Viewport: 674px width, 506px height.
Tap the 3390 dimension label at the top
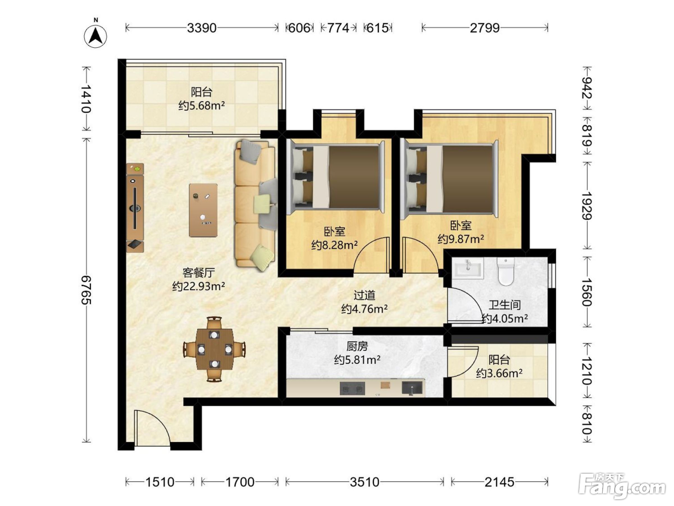pos(202,28)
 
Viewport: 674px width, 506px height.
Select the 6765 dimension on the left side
pos(86,290)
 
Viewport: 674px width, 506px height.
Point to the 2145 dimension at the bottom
pos(499,482)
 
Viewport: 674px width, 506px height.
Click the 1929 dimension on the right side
pos(586,206)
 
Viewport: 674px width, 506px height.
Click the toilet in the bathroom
pos(505,271)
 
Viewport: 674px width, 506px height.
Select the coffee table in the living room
pos(203,210)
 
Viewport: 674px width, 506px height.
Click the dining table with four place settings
pos(214,349)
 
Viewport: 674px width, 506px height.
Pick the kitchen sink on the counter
pos(412,388)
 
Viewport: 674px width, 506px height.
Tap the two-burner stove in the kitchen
pos(352,388)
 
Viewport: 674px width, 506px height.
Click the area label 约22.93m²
pos(199,286)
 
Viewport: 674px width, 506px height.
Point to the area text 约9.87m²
pos(461,239)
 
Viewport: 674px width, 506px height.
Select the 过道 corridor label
pos(364,295)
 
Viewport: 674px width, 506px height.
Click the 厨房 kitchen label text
pos(357,346)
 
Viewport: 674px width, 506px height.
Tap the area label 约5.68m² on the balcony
pos(202,106)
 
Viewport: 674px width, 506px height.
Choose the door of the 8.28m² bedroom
pos(372,255)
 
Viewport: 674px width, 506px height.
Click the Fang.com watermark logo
pos(622,486)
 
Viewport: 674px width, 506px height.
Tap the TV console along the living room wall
pos(135,208)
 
